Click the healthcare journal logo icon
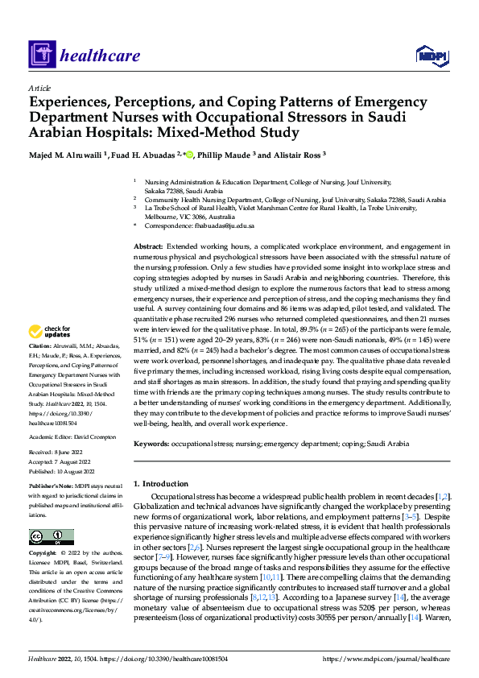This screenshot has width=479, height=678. pos(42,56)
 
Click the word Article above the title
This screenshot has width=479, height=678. pos(39,88)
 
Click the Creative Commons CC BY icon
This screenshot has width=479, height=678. pos(52,537)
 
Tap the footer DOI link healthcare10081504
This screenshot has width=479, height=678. pos(188,659)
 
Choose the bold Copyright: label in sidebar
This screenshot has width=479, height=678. pos(43,554)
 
